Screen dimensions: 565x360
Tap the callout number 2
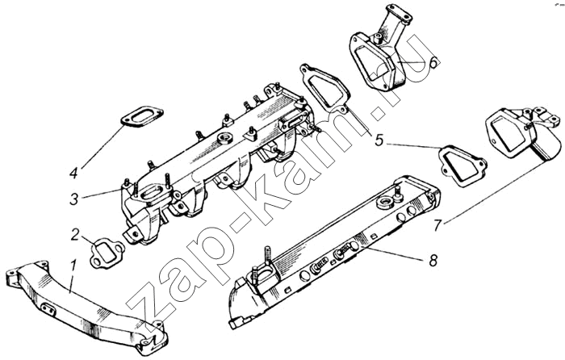point(75,235)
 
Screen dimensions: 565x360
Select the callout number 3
point(74,199)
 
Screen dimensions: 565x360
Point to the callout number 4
point(74,173)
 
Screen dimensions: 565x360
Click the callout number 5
point(379,140)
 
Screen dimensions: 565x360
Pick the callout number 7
point(437,225)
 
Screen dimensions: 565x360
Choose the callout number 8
point(433,259)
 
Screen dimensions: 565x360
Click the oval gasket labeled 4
point(141,116)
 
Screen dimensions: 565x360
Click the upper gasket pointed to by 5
point(325,87)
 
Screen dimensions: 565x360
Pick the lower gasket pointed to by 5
point(462,165)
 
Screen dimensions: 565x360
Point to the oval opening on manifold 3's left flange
point(153,190)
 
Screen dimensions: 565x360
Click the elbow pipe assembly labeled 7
point(523,134)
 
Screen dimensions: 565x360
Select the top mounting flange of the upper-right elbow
point(399,11)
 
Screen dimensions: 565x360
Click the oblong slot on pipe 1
point(48,308)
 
